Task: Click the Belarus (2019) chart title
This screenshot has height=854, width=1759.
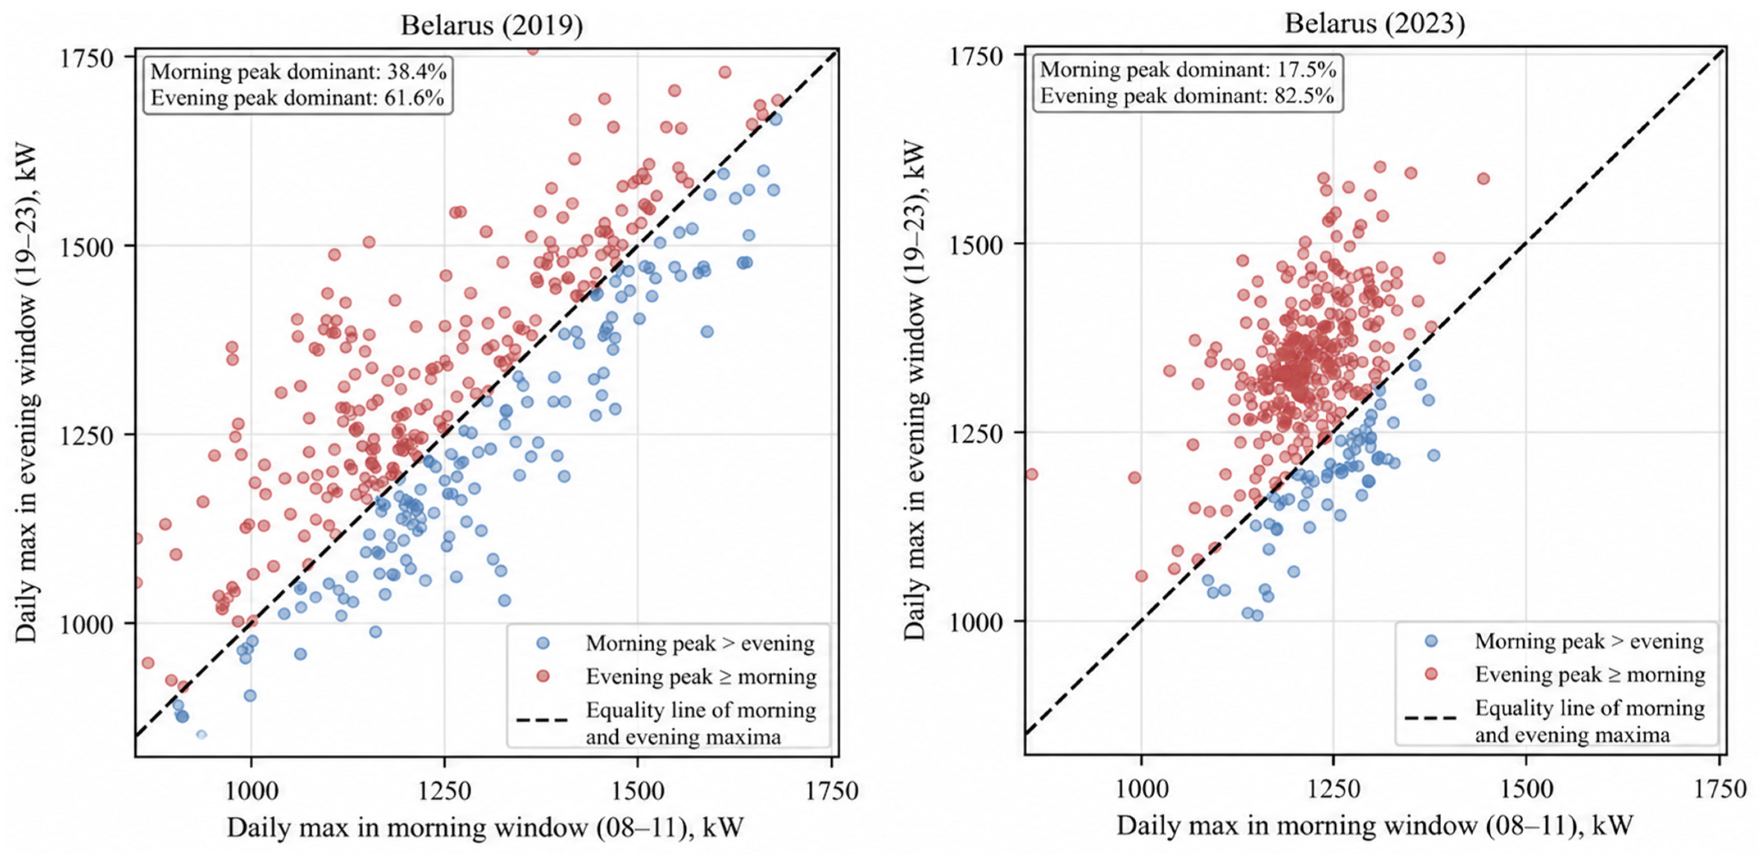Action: (x=492, y=25)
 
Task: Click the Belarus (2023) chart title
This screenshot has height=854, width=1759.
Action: (x=1374, y=23)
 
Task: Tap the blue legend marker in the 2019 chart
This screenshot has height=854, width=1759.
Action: (x=543, y=643)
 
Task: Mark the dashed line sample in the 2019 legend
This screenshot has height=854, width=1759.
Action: (x=542, y=720)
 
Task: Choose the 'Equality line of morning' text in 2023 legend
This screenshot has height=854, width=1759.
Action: (x=1590, y=708)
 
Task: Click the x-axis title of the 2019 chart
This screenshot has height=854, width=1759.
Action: (x=485, y=827)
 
